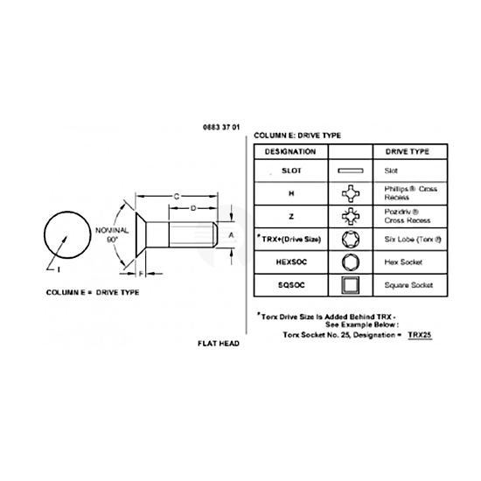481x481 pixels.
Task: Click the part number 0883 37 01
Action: tap(221, 128)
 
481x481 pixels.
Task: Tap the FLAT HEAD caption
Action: tap(219, 344)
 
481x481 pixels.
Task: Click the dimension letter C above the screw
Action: tap(177, 196)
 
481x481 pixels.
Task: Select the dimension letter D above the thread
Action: tap(193, 208)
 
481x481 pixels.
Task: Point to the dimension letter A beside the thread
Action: tap(231, 235)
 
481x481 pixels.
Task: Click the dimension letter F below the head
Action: tap(141, 274)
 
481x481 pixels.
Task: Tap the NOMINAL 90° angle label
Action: tap(112, 234)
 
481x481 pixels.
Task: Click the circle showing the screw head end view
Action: tap(67, 211)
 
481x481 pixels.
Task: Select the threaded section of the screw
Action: tap(192, 234)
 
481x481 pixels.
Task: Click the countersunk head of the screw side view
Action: tap(141, 234)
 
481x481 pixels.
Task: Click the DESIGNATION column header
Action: tap(290, 151)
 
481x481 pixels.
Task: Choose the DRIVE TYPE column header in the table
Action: tap(408, 151)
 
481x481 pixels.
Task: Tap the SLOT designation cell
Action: tap(291, 171)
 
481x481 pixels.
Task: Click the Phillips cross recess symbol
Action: tap(351, 193)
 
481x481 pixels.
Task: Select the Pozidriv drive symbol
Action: tap(351, 216)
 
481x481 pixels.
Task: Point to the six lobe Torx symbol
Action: tap(351, 240)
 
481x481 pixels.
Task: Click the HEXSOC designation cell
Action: tap(291, 262)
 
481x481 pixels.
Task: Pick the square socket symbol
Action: tap(351, 285)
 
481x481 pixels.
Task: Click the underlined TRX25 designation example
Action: tap(420, 335)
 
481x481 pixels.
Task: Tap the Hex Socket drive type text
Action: tap(403, 262)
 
